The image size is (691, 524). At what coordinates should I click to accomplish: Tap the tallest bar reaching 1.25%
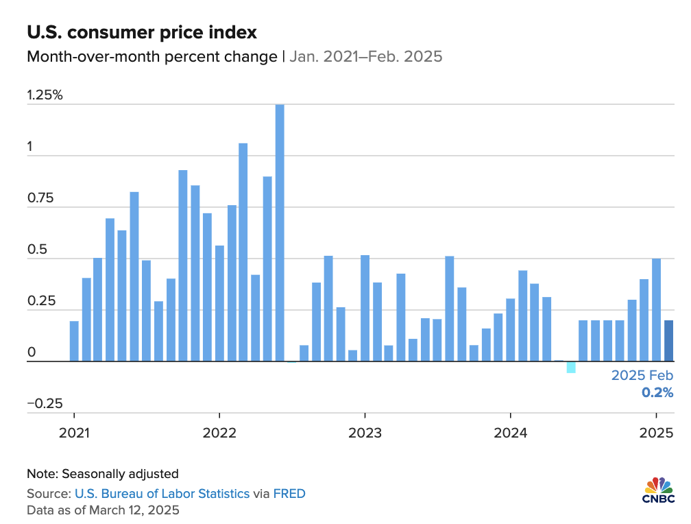click(280, 233)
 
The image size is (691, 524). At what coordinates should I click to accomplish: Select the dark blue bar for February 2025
click(669, 341)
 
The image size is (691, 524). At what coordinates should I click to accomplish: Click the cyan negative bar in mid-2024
click(571, 368)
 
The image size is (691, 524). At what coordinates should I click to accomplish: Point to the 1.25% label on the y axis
click(45, 95)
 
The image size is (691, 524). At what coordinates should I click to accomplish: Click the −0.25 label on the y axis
click(45, 403)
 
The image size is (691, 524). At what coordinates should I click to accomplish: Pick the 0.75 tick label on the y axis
click(40, 198)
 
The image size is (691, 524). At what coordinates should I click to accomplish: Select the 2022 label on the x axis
click(219, 433)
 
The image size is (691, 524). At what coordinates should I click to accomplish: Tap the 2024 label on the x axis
click(510, 433)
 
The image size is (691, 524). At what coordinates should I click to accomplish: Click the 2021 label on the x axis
click(73, 433)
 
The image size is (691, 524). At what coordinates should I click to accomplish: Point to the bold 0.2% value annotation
click(657, 393)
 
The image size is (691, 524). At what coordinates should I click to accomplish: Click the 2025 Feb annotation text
click(642, 376)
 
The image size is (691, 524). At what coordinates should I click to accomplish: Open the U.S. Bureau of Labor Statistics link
click(162, 493)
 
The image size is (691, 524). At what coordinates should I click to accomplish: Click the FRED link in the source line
click(289, 493)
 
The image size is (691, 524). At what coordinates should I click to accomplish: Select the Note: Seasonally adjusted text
click(103, 473)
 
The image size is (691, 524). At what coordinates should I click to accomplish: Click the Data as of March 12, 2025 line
click(103, 510)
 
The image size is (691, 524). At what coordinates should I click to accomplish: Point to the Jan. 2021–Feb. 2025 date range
click(365, 56)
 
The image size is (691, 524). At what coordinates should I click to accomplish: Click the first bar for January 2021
click(74, 341)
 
